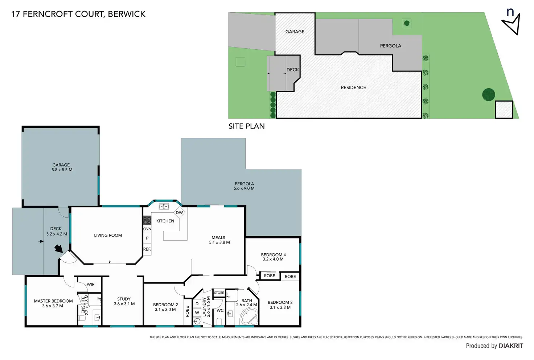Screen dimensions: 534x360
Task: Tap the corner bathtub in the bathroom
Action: pyautogui.click(x=249, y=317)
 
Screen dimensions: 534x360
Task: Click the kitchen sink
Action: pyautogui.click(x=164, y=206)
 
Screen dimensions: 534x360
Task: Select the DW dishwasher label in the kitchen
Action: pyautogui.click(x=179, y=213)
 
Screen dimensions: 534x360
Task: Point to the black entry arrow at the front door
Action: pyautogui.click(x=58, y=249)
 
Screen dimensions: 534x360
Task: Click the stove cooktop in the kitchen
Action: pyautogui.click(x=147, y=220)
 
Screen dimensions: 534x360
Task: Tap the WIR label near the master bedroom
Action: pyautogui.click(x=91, y=285)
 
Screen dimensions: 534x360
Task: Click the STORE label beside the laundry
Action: pyautogui.click(x=219, y=293)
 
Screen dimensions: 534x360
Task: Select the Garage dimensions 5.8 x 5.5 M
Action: pyautogui.click(x=62, y=170)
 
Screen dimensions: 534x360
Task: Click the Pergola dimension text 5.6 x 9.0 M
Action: pyautogui.click(x=244, y=188)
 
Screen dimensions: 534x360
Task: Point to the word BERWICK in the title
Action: pyautogui.click(x=127, y=14)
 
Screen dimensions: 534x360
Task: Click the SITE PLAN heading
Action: pyautogui.click(x=246, y=126)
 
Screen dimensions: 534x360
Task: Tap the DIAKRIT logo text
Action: pyautogui.click(x=511, y=346)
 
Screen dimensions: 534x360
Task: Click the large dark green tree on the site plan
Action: pyautogui.click(x=488, y=95)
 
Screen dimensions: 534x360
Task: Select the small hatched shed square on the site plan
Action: pyautogui.click(x=504, y=110)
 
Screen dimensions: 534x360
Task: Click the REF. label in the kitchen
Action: pyautogui.click(x=147, y=249)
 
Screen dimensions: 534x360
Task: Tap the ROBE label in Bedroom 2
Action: pyautogui.click(x=187, y=311)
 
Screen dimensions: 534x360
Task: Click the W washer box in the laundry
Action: pyautogui.click(x=197, y=312)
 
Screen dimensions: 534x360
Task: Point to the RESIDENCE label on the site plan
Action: pyautogui.click(x=353, y=87)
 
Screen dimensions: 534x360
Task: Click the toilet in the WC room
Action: pyautogui.click(x=219, y=322)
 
